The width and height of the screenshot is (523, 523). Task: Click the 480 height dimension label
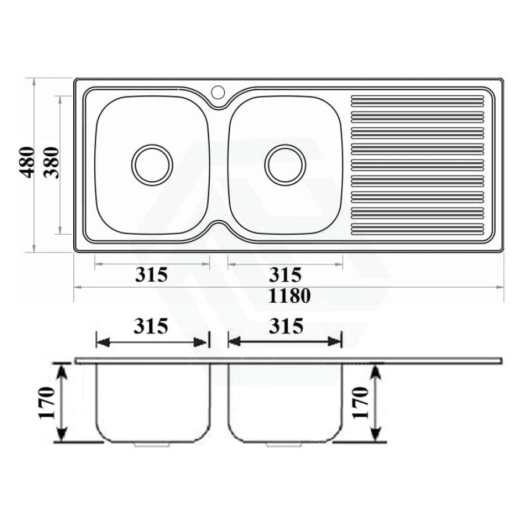click(26, 162)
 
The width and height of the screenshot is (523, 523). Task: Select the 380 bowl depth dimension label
click(52, 163)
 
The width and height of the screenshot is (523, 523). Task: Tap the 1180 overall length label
click(289, 296)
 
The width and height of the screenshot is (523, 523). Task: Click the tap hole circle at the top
click(218, 92)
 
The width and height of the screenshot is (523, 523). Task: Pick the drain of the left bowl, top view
click(152, 165)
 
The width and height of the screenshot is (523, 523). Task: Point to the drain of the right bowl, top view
click(285, 165)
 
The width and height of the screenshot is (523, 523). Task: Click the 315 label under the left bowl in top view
click(151, 275)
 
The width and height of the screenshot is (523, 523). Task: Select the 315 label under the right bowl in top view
click(285, 275)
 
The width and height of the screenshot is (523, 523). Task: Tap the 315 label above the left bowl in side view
click(151, 326)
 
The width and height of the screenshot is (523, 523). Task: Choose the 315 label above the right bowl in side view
click(286, 326)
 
